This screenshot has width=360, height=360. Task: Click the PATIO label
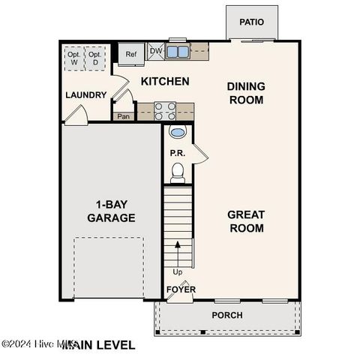[x=251, y=22]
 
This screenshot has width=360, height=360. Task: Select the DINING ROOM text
[x=245, y=93]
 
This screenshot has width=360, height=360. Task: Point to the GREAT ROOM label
[x=245, y=221]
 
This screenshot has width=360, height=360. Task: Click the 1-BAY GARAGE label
[x=110, y=211]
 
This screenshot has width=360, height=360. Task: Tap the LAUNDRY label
[x=85, y=95]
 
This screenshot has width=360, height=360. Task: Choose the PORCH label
[x=226, y=315]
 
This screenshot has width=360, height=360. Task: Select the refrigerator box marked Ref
[x=131, y=54]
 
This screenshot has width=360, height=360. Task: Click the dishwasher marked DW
[x=155, y=51]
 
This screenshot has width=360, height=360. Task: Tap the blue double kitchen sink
[x=177, y=52]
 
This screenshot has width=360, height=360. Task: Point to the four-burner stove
[x=165, y=111]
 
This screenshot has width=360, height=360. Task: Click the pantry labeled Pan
[x=123, y=116]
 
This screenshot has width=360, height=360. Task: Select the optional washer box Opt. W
[x=73, y=58]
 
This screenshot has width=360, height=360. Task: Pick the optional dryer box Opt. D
[x=94, y=58]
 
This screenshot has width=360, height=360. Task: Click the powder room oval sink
[x=178, y=133]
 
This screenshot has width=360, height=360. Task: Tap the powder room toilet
[x=178, y=174]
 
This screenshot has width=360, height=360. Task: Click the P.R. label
[x=177, y=153]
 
